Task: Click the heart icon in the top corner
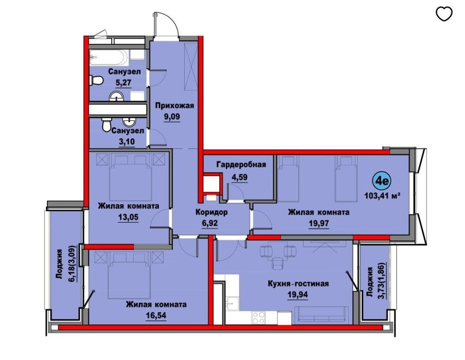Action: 444,14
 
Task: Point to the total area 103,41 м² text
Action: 382,195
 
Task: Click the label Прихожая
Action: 174,106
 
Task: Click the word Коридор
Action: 211,212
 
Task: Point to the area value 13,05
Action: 129,217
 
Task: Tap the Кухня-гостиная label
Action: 298,283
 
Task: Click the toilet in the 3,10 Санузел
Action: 106,125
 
